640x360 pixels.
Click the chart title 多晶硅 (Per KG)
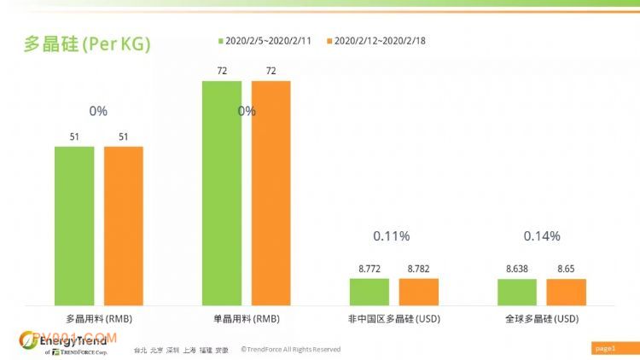pos(87,44)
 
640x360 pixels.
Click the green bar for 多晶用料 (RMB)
pos(74,225)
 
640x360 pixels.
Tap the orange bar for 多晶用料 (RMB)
pos(124,225)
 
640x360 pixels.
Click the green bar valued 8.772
pos(369,291)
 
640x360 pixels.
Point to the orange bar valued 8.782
pos(419,291)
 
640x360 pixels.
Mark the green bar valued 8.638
pos(517,291)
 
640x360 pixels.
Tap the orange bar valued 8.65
pos(567,291)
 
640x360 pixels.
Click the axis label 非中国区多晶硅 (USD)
pos(394,318)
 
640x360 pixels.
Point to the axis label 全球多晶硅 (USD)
pos(542,318)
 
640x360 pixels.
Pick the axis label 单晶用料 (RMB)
pos(247,318)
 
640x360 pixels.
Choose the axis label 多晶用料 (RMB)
pos(99,318)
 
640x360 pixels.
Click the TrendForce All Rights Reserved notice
pos(290,349)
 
